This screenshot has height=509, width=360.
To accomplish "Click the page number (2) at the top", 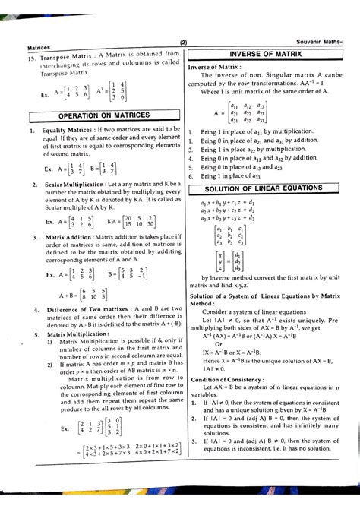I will [184, 42].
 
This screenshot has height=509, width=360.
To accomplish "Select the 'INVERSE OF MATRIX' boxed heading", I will [265, 55].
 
